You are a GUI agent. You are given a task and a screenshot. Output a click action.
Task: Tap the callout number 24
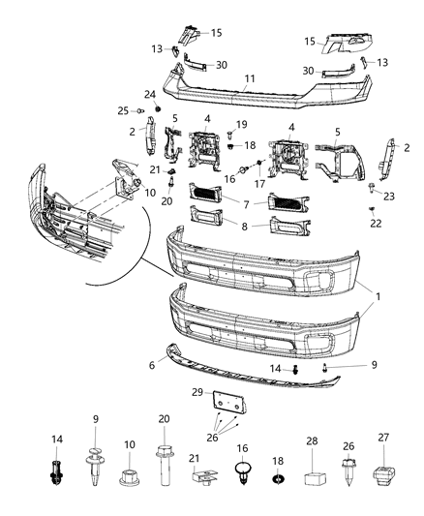[150, 94]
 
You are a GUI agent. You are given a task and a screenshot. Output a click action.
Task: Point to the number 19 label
[242, 125]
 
